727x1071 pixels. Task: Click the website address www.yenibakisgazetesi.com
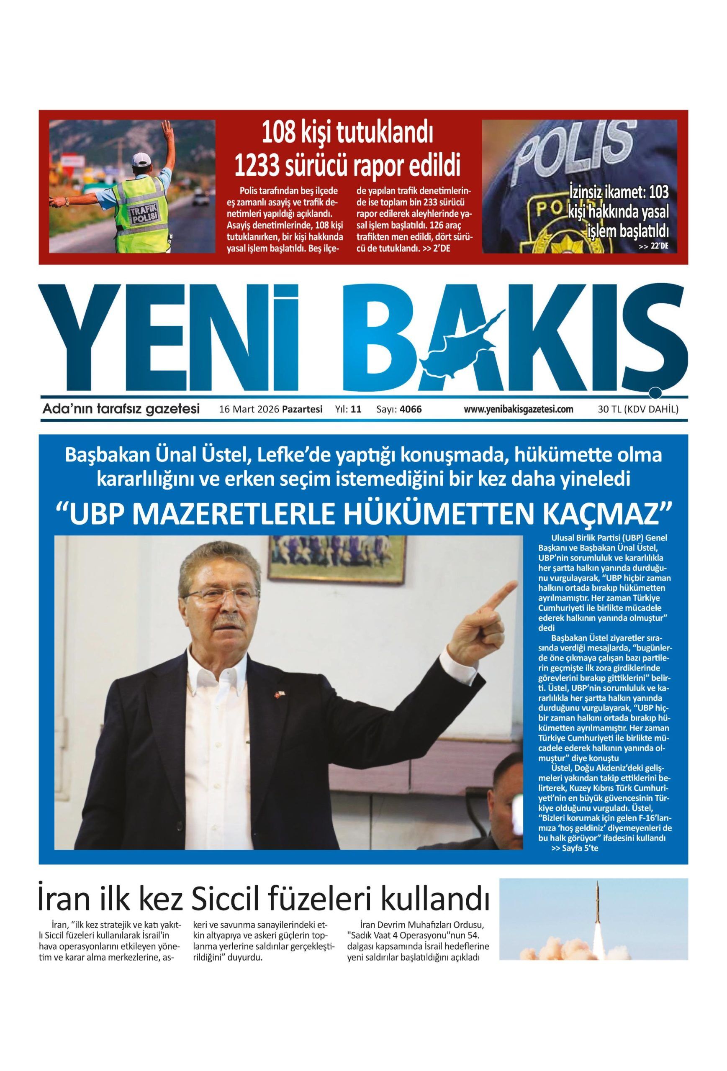pyautogui.click(x=519, y=409)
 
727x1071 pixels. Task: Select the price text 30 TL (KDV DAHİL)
pyautogui.click(x=637, y=409)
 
